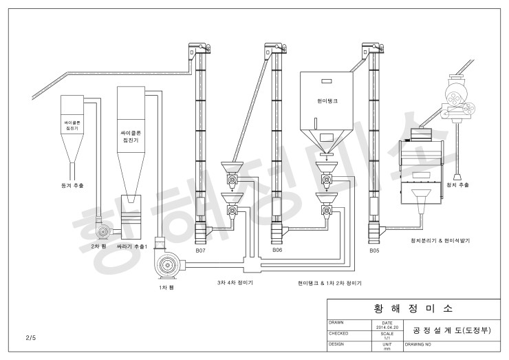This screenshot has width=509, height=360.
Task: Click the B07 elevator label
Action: (200, 251)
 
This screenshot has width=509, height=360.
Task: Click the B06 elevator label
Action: (277, 251)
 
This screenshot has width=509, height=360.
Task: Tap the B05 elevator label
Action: (374, 251)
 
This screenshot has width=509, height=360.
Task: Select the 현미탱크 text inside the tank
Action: (327, 100)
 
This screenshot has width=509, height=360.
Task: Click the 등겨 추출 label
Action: (72, 186)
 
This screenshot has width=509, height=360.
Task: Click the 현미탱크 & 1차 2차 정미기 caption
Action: (330, 282)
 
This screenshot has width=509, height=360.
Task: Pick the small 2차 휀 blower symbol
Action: (105, 230)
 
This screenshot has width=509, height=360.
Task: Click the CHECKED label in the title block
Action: (339, 333)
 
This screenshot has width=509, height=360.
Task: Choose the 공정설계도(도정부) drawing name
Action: (452, 329)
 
